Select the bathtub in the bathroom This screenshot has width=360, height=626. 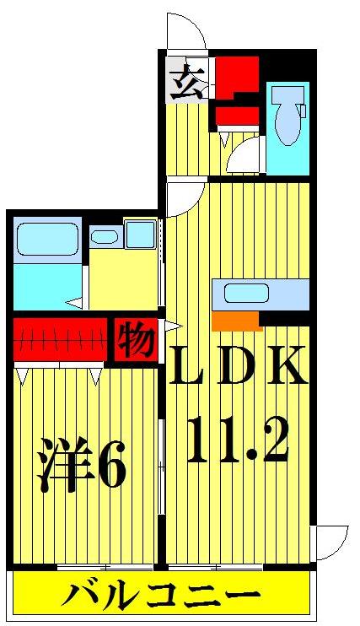[46, 245]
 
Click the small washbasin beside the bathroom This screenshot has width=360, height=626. [105, 238]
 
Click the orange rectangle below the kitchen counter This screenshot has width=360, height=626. [235, 321]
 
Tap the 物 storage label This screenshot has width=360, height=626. [135, 340]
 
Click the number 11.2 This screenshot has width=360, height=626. [237, 440]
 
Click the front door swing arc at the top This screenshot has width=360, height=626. [185, 32]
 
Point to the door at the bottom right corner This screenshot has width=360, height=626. [330, 540]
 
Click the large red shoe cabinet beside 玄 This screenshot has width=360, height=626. [236, 77]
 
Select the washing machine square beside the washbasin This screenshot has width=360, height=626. [140, 235]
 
